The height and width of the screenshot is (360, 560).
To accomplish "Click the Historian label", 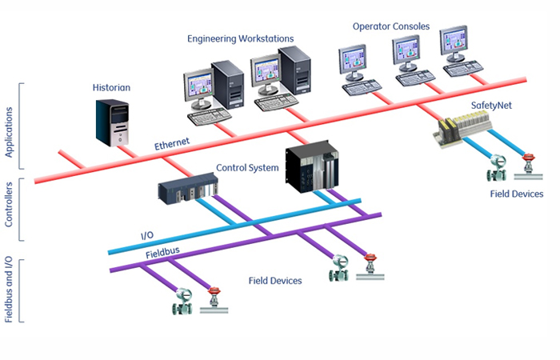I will pyautogui.click(x=112, y=87).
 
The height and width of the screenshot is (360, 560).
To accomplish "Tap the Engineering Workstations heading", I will pyautogui.click(x=240, y=38).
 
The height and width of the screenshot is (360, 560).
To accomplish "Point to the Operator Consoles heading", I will pyautogui.click(x=391, y=26).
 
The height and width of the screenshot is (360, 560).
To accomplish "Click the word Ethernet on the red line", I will pyautogui.click(x=171, y=144).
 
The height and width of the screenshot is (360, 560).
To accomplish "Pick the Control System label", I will pyautogui.click(x=247, y=168).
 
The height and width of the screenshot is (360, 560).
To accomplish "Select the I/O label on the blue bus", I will pyautogui.click(x=146, y=236).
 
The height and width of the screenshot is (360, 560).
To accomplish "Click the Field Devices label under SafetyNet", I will pyautogui.click(x=516, y=194).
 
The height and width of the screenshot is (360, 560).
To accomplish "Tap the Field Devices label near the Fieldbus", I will pyautogui.click(x=274, y=281).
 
